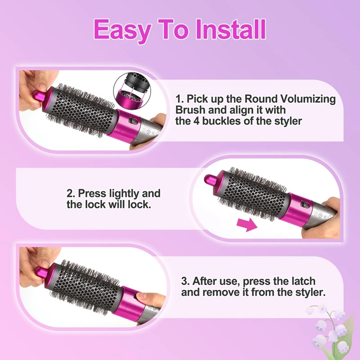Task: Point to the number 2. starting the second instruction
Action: click(x=71, y=193)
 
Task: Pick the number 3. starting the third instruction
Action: click(x=185, y=281)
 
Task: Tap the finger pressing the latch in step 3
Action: click(x=146, y=299)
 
